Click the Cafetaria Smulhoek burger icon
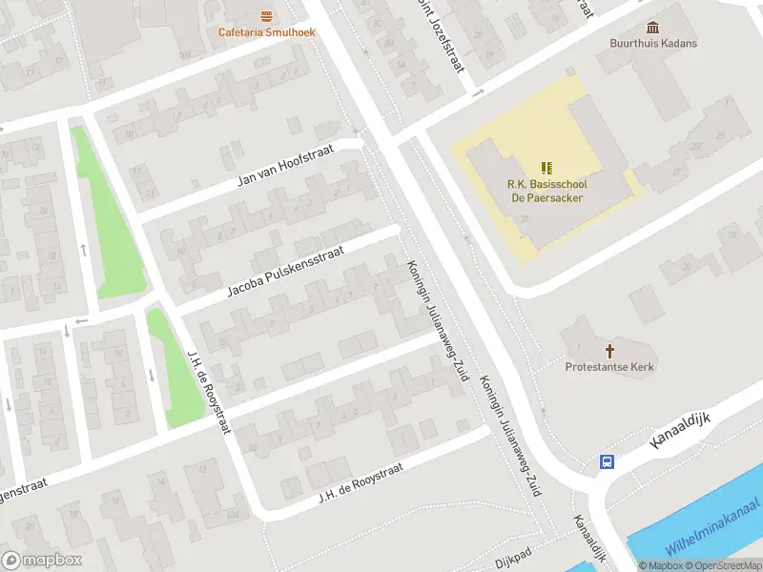267,15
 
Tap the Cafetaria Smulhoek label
267,32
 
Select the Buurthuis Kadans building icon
653,27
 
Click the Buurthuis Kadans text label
653,44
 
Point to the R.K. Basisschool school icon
546,168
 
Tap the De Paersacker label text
546,198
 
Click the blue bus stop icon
607,462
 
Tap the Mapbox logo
42,561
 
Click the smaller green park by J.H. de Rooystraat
176,367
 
